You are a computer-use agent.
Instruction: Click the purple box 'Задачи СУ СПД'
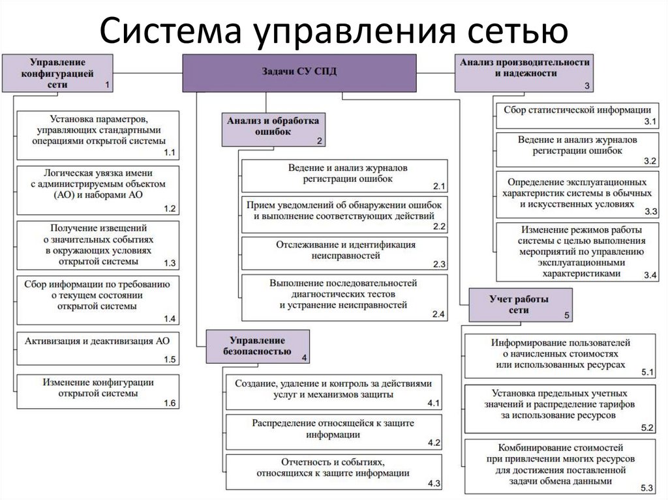[x=299, y=73]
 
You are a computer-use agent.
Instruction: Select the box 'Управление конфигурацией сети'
[x=57, y=73]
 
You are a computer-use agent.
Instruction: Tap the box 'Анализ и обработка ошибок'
[x=273, y=127]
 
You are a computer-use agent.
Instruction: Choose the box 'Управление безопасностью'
[x=258, y=346]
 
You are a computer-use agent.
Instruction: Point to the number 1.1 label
[x=170, y=152]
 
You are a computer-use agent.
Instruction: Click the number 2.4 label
[x=438, y=314]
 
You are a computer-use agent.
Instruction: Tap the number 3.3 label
[x=650, y=212]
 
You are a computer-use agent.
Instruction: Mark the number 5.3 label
[x=647, y=488]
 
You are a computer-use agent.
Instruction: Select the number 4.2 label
[x=434, y=443]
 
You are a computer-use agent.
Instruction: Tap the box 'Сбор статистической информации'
[x=577, y=114]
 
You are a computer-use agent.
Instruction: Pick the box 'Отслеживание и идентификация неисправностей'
[x=344, y=254]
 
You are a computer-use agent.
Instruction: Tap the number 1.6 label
[x=170, y=403]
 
